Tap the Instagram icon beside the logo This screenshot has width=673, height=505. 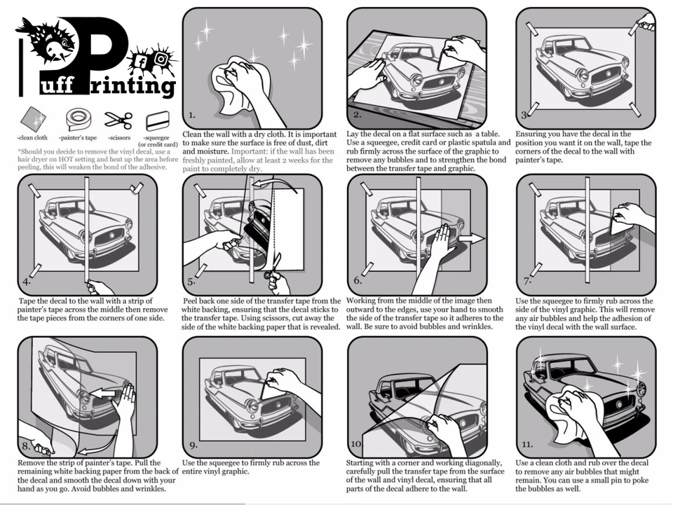click(161, 58)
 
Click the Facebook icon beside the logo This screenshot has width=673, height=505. click(141, 62)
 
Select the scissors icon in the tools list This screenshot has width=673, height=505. click(118, 120)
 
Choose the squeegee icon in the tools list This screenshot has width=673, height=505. click(158, 121)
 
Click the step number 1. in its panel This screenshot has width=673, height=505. click(192, 115)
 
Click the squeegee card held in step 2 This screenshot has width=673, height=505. click(448, 58)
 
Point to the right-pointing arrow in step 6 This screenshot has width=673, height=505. click(471, 239)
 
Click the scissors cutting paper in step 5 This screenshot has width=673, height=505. click(273, 268)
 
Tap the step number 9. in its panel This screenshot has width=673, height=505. click(193, 445)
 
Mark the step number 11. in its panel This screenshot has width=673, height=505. click(527, 444)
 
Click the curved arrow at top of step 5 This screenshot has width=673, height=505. click(275, 185)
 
